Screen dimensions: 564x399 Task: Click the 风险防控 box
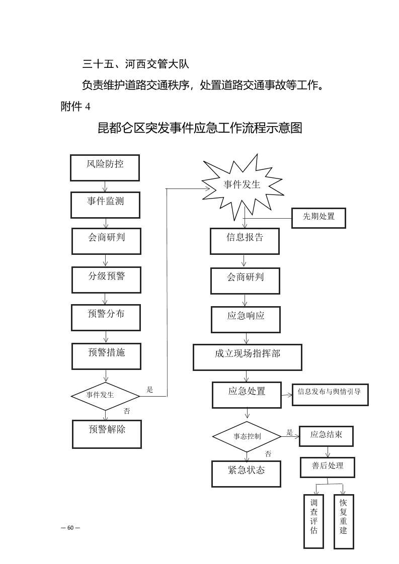point(105,167)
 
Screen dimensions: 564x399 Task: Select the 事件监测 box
point(105,205)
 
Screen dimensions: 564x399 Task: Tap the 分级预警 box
point(106,279)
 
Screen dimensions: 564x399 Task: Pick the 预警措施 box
point(106,356)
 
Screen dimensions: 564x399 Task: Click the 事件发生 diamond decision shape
point(105,395)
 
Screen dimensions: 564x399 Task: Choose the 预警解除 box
point(107,434)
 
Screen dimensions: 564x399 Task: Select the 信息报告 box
point(245,241)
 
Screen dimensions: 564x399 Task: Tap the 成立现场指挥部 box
point(248,357)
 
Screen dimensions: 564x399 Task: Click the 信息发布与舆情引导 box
point(330,394)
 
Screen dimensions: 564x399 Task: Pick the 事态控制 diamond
point(247,436)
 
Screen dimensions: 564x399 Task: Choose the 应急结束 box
point(326,436)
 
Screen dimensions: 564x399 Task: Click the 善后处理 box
point(328,466)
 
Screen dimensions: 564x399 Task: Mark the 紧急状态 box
point(246,473)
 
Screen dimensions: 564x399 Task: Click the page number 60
point(70,527)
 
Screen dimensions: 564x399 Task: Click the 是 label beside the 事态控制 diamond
point(289,432)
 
